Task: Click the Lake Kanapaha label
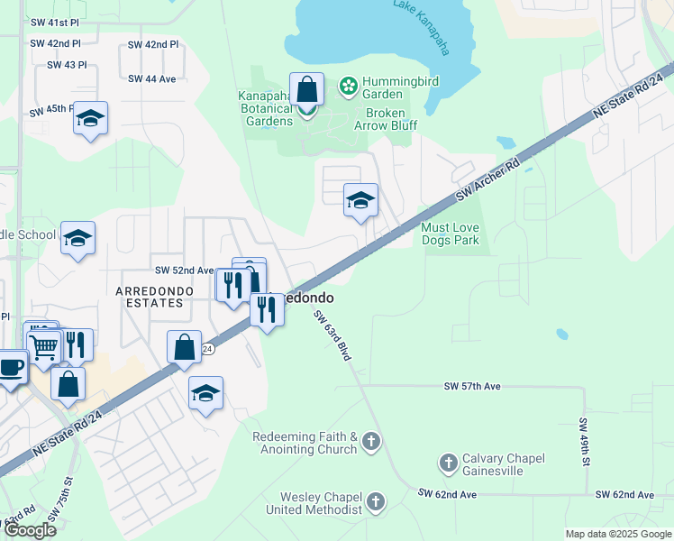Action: [x=421, y=28]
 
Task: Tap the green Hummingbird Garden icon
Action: [x=347, y=86]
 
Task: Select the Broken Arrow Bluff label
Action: [x=391, y=119]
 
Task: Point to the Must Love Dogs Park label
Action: [x=451, y=234]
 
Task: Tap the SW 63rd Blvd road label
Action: [x=332, y=335]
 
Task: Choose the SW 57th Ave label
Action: [x=471, y=386]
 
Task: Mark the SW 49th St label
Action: [x=584, y=442]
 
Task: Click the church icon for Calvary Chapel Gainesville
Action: [x=448, y=463]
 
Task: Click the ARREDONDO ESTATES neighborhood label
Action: [x=150, y=297]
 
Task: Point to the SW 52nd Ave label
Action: [x=183, y=270]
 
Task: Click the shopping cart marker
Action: [x=43, y=346]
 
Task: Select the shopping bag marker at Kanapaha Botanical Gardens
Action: [x=306, y=91]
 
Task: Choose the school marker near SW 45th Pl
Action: [x=90, y=119]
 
